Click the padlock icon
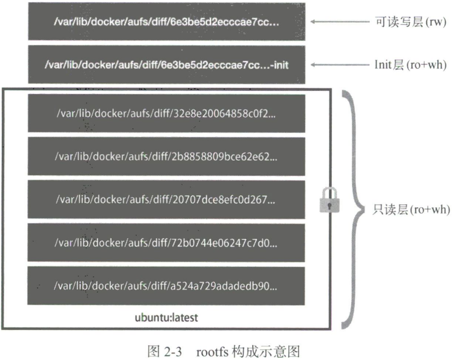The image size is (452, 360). (x=330, y=200)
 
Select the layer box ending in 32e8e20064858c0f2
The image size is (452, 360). (x=166, y=113)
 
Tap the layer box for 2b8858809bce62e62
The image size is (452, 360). (x=166, y=156)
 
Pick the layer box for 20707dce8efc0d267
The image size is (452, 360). (x=166, y=199)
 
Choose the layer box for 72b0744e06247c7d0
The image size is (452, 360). (x=166, y=243)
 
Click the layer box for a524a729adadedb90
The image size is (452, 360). (x=166, y=286)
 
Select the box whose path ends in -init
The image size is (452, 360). (x=166, y=65)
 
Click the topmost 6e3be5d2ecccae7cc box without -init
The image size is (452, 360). (x=166, y=21)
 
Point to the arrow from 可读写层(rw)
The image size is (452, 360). (x=340, y=22)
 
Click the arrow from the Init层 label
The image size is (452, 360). (x=340, y=65)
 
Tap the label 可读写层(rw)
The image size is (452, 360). (x=410, y=22)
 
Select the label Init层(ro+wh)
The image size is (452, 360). (x=410, y=65)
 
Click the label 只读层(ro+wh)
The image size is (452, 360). (x=411, y=210)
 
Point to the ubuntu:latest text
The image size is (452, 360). (x=166, y=318)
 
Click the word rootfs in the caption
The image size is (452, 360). (x=212, y=352)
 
